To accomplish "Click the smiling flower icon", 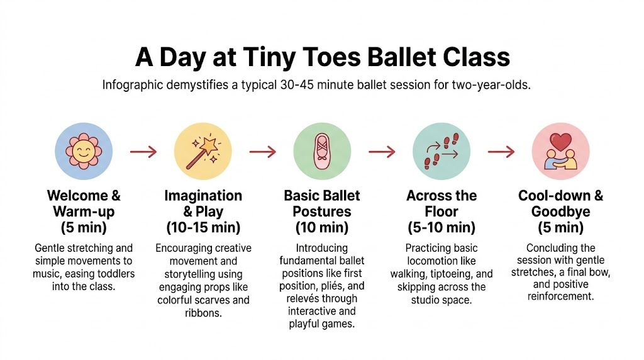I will (83, 151).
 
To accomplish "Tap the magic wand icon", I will (203, 151).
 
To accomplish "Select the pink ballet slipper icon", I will (322, 151).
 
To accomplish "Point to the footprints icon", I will (441, 151).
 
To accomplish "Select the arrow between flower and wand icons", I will (143, 151).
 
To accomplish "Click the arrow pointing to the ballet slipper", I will (262, 151).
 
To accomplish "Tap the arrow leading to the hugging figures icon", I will (501, 151).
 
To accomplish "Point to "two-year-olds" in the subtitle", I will (491, 85).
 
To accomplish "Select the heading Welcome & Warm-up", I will (83, 203).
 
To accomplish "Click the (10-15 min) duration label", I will (203, 227).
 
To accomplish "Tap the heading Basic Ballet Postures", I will (322, 203).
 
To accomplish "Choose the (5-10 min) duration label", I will (441, 227).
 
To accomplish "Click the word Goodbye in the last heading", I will (560, 211).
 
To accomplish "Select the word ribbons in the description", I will (203, 312).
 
